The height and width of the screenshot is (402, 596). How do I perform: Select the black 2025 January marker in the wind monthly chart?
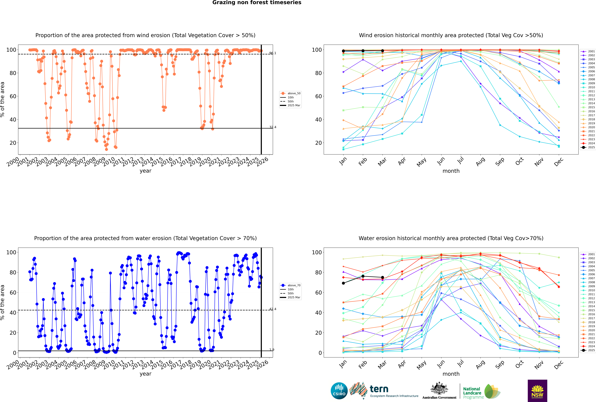point(343,51)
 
